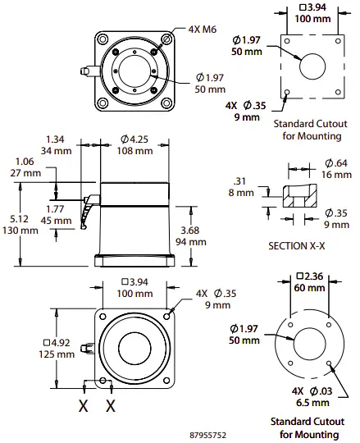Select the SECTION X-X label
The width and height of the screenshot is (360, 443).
click(x=298, y=245)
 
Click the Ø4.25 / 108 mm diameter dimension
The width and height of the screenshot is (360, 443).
click(x=134, y=144)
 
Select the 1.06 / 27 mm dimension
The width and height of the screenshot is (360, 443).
click(x=26, y=167)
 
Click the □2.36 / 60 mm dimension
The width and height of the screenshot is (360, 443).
click(x=309, y=281)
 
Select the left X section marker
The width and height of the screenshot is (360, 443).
click(x=82, y=405)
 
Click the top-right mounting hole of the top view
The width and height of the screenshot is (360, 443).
click(x=167, y=38)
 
